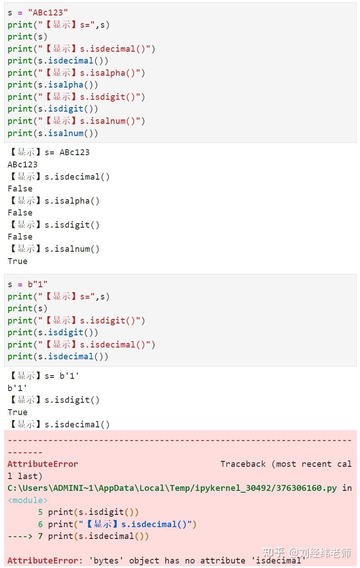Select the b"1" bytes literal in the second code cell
38,284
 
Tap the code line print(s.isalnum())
53,133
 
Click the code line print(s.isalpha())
53,85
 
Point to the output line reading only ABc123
23,164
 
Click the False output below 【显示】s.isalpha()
20,213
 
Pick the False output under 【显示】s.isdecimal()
20,189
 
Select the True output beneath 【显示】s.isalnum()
17,261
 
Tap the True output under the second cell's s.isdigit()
17,412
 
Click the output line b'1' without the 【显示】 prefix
17,388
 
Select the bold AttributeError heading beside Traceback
43,464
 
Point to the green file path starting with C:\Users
173,488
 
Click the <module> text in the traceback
28,500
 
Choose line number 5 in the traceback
40,512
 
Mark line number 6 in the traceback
40,524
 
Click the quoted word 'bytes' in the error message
108,561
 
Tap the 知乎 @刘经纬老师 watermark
307,553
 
